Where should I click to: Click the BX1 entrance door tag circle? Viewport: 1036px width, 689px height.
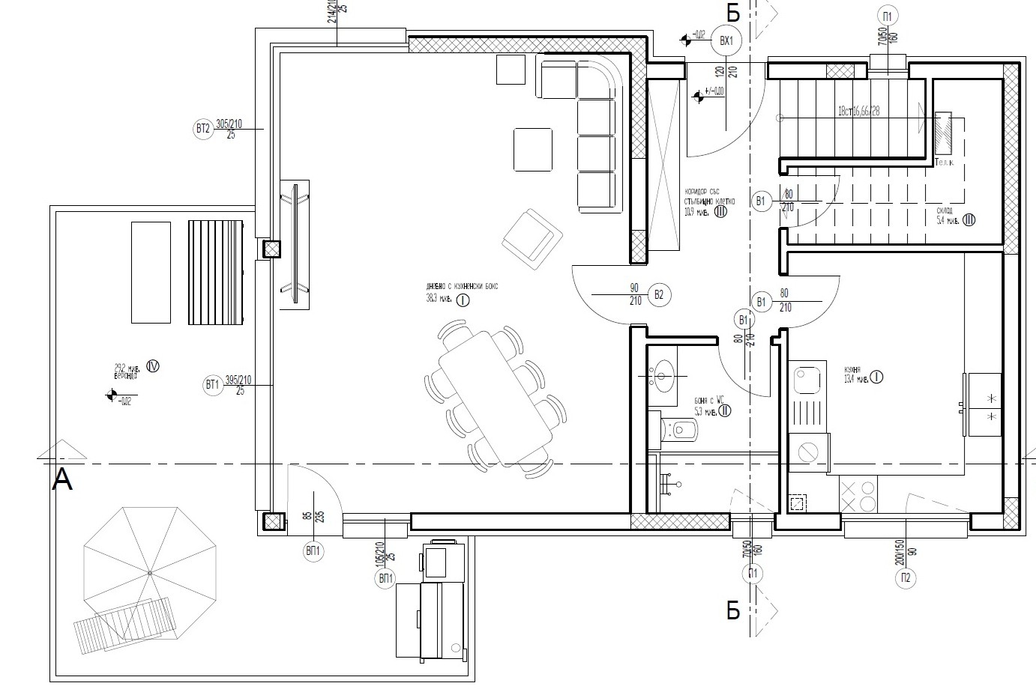725,42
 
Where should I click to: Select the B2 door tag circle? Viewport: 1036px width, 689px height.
659,294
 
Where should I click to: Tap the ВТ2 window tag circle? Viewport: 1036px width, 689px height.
202,130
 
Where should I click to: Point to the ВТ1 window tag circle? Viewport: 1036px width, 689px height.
212,386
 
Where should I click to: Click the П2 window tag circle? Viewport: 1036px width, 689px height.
906,577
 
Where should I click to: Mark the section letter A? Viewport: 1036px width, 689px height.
63,480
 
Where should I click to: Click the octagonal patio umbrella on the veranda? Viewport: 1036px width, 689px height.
149,573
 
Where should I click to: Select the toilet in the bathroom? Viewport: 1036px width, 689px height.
682,429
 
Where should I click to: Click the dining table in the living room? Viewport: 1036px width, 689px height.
495,397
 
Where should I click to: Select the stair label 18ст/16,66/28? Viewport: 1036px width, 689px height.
858,111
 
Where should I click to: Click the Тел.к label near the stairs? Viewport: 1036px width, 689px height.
944,163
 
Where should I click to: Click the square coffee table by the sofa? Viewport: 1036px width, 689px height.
532,149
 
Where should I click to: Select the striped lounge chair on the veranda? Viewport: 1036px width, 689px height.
216,272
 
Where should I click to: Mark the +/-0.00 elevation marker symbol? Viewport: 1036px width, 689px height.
700,95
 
